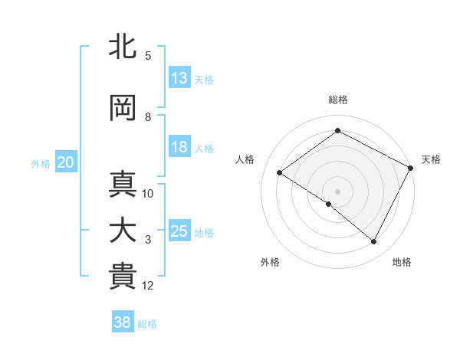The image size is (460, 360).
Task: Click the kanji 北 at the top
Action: tap(123, 47)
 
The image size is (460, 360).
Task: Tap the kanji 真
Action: tap(123, 185)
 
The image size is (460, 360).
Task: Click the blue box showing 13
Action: tap(179, 77)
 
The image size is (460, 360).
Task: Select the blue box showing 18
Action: tap(179, 147)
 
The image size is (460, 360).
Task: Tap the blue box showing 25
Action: tap(179, 231)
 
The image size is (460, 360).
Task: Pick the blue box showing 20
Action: tap(65, 162)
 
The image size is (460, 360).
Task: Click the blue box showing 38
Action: tap(123, 322)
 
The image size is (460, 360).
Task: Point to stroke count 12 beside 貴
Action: tap(148, 286)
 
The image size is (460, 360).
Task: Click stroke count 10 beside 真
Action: tap(148, 194)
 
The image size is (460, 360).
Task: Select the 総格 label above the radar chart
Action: tap(337, 100)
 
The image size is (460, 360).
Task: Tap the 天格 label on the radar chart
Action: tap(431, 159)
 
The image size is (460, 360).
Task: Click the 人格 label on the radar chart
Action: tap(245, 159)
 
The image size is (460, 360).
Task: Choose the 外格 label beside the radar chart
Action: tap(270, 262)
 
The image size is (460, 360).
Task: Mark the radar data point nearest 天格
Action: tap(411, 168)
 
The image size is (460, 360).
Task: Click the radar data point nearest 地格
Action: tap(374, 242)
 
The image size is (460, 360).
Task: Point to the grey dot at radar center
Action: tap(337, 191)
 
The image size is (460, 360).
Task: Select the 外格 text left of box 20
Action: tap(41, 163)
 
